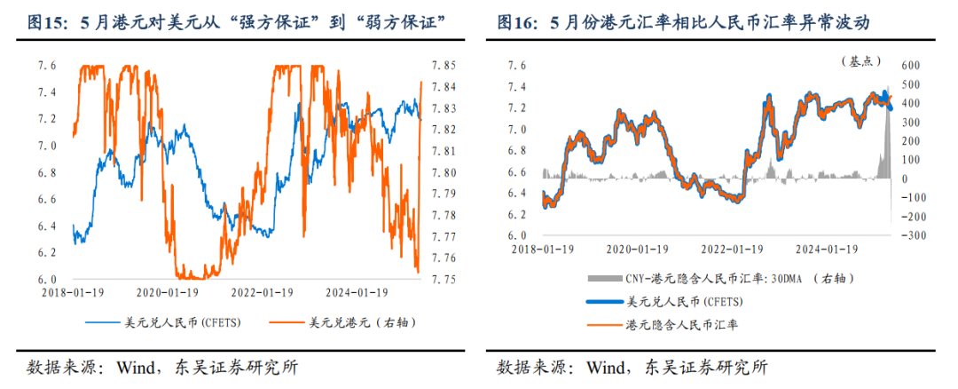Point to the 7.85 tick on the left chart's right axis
click(444, 66)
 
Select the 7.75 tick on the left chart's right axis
click(444, 279)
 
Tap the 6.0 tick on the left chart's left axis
click(47, 279)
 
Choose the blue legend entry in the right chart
click(683, 302)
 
